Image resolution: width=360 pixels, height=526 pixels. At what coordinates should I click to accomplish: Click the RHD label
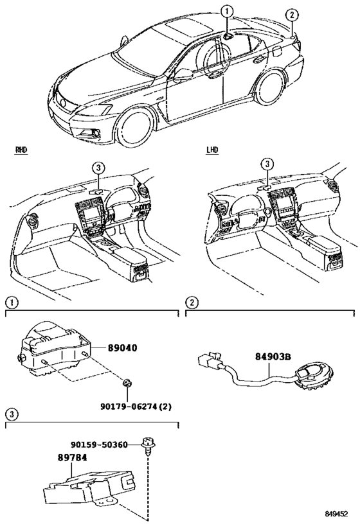[x=21, y=150]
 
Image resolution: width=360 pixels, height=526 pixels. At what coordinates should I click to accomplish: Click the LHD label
[x=212, y=150]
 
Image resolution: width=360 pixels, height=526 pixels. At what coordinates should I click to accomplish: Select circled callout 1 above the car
[x=226, y=10]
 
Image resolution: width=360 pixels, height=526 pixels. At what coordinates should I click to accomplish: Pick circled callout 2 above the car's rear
[x=292, y=14]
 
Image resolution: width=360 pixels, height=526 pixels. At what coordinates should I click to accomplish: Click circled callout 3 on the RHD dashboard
[x=96, y=168]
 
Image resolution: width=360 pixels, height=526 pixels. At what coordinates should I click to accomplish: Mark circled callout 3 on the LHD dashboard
[x=265, y=164]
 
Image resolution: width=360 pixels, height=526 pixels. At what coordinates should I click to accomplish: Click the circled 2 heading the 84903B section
[x=191, y=301]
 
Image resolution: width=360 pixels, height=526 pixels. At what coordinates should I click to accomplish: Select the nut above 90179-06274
[x=127, y=384]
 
